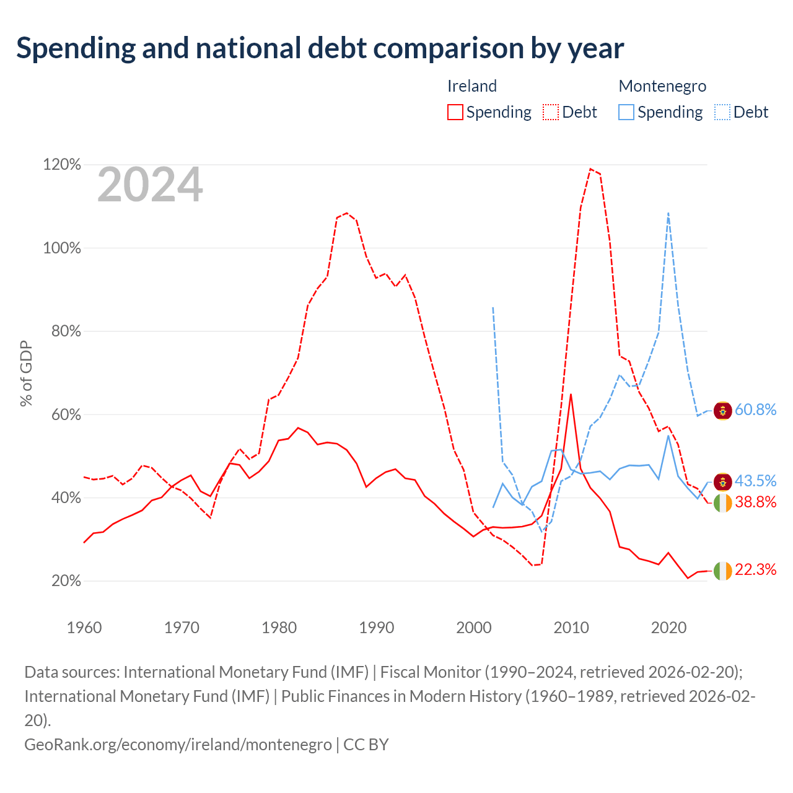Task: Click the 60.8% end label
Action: click(x=755, y=410)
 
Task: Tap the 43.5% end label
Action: click(x=755, y=481)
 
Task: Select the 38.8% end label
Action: click(x=755, y=502)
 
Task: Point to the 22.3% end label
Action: click(x=755, y=569)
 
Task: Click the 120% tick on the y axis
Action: click(x=62, y=165)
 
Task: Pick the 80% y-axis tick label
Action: click(x=66, y=331)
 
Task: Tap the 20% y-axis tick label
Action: click(x=66, y=581)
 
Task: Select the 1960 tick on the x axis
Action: click(x=84, y=628)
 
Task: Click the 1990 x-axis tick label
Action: click(x=376, y=628)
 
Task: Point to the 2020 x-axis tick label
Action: click(x=668, y=628)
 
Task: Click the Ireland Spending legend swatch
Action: click(x=455, y=112)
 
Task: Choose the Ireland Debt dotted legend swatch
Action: click(x=551, y=112)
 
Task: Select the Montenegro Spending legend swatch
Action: click(x=626, y=112)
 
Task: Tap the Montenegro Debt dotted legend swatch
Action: click(x=722, y=112)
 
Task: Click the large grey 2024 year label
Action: click(x=150, y=185)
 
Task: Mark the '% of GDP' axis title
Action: click(x=26, y=373)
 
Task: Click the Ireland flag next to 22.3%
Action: click(x=722, y=571)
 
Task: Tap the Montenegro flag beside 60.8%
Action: click(x=722, y=411)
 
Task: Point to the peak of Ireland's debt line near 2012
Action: click(x=591, y=169)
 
